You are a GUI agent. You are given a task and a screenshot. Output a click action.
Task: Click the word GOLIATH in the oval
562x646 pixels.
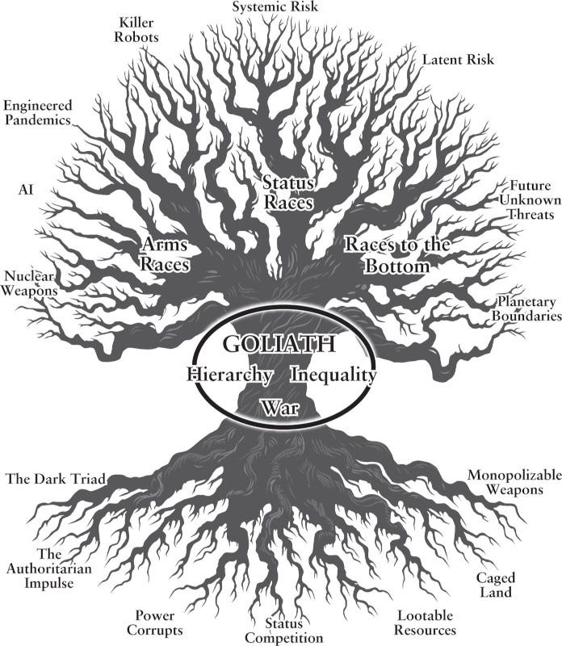[279, 343]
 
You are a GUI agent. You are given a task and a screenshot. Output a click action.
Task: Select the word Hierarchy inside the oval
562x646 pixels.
[229, 375]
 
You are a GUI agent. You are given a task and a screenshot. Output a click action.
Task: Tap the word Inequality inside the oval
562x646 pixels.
[333, 375]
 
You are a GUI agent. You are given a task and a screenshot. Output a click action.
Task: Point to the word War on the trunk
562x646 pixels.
[279, 408]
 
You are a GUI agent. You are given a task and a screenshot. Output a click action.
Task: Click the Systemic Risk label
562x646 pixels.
[275, 7]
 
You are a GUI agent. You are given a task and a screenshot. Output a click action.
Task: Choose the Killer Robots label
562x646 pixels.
[136, 30]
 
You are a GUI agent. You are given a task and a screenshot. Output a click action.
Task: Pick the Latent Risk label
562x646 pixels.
[458, 60]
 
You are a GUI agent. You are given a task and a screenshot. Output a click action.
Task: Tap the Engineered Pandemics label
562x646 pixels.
[38, 112]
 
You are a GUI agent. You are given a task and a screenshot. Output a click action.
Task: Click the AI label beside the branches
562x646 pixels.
[26, 190]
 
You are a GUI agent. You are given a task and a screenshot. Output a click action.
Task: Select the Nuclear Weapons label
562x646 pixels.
[29, 283]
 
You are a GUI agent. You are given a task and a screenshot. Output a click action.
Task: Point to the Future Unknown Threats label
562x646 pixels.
[531, 200]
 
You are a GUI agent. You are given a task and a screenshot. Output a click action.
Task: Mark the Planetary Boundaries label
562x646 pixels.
[527, 308]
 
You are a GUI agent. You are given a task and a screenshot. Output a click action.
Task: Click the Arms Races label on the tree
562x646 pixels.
[165, 254]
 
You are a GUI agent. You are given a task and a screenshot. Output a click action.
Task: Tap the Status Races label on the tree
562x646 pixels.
[288, 192]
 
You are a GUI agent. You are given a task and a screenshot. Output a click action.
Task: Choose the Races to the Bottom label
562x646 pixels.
[397, 255]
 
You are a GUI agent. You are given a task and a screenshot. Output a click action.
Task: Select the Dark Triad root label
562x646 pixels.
[56, 479]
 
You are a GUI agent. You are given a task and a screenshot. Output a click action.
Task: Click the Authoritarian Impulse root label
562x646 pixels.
[48, 568]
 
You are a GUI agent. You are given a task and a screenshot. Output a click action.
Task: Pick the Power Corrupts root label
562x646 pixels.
[155, 623]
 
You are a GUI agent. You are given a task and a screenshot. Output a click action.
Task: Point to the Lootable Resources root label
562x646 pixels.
[425, 623]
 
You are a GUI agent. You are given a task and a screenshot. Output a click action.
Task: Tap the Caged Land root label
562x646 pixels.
[496, 585]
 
